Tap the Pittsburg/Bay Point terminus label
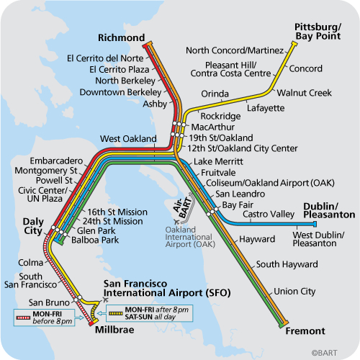pos(320,30)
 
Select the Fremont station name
pos(307,331)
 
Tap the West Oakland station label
pos(128,138)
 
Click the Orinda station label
pos(215,94)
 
